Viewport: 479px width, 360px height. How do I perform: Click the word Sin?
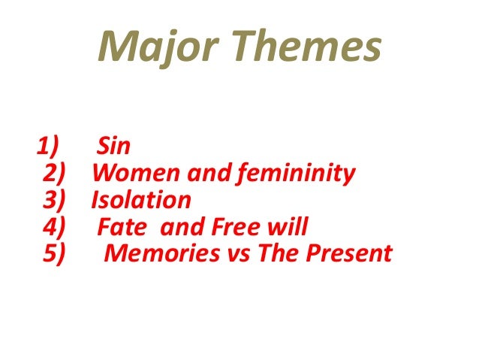(x=114, y=147)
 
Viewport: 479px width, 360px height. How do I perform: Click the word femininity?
(x=299, y=174)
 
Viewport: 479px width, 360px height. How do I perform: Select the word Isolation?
(x=141, y=200)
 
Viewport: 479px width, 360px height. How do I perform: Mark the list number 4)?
(x=56, y=227)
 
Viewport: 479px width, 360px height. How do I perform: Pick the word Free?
(x=230, y=227)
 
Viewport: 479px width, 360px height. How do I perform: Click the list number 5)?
(x=56, y=254)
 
